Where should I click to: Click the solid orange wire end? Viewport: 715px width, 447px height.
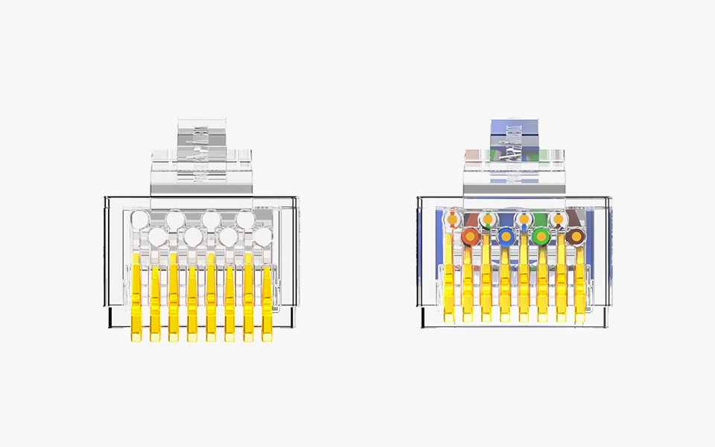click(x=470, y=237)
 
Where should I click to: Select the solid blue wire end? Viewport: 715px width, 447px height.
click(x=506, y=237)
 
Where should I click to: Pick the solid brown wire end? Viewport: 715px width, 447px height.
click(x=576, y=237)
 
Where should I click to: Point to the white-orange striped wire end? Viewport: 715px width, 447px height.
click(x=452, y=220)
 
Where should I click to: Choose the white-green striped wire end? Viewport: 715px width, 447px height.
click(x=488, y=220)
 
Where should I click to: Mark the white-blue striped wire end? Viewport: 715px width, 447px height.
click(x=524, y=220)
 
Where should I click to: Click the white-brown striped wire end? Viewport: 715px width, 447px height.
click(x=559, y=220)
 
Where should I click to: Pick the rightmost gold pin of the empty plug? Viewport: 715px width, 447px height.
click(x=267, y=302)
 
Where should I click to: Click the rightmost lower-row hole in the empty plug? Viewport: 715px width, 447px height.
click(x=263, y=237)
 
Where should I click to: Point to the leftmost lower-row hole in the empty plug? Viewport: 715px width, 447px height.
click(x=157, y=237)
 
